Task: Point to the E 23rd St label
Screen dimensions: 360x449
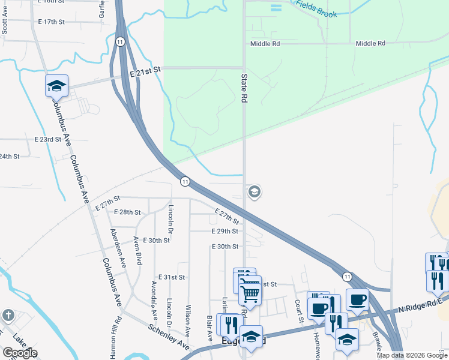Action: tap(48, 139)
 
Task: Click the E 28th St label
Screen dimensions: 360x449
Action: tap(127, 212)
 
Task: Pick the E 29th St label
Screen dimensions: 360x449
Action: tap(225, 231)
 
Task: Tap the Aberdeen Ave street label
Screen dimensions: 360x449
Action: tap(118, 247)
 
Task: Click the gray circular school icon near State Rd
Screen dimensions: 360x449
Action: tap(254, 191)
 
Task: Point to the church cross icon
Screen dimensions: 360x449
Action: tap(7, 315)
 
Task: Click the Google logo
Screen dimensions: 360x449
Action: tap(19, 353)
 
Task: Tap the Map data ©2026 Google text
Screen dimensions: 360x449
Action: tap(412, 355)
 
